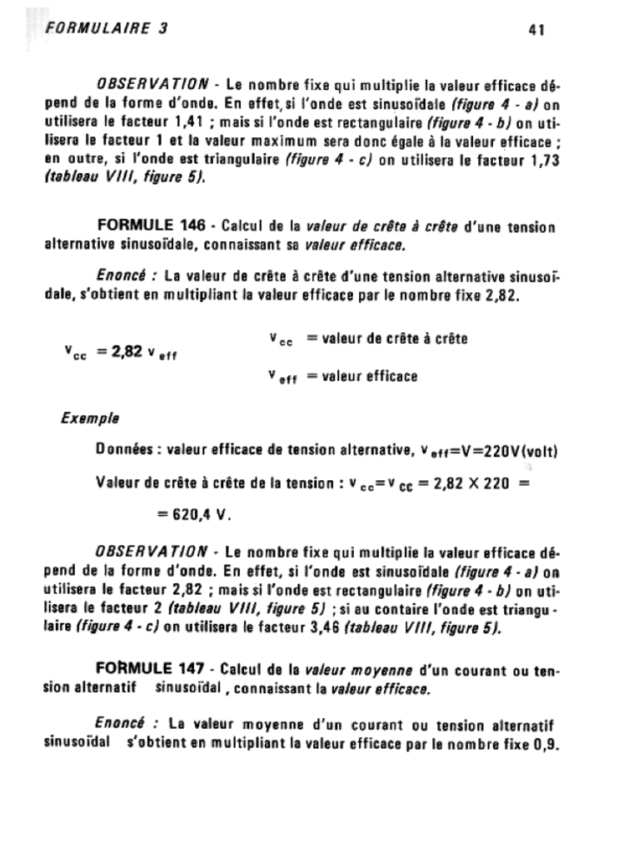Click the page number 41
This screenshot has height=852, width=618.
(536, 30)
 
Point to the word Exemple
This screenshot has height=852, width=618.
(89, 419)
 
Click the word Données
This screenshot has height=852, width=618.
(127, 451)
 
